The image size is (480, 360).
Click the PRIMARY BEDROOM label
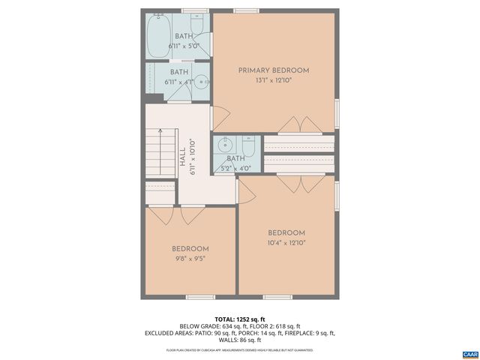[x=274, y=70]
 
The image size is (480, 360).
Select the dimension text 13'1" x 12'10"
[x=274, y=80]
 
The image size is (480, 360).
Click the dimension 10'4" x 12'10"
[x=286, y=242]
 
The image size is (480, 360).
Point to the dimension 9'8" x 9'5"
[x=190, y=258]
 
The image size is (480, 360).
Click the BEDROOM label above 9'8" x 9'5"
[x=190, y=248]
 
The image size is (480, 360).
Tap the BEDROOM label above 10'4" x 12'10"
[x=286, y=232]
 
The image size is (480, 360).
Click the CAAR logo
[x=469, y=353]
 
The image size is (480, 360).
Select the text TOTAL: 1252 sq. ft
[x=240, y=319]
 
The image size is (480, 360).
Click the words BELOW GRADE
[x=197, y=326]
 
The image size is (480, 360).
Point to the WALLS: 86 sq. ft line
[x=240, y=340]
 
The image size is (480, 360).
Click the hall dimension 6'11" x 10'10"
[x=193, y=157]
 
